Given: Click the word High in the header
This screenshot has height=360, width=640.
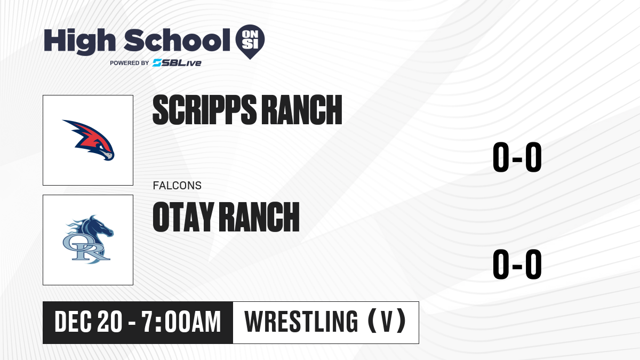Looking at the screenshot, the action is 79,41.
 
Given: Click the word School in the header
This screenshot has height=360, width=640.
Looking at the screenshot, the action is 177,40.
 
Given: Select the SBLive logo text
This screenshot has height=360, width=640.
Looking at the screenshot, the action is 177,63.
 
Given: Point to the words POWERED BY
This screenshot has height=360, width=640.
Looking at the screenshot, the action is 130,63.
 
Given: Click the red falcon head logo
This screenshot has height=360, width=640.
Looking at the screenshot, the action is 89,140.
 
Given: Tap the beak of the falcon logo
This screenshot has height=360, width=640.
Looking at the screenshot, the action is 108,156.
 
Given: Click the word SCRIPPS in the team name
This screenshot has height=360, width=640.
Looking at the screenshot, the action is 205,110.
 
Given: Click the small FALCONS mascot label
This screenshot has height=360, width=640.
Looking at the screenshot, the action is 177,186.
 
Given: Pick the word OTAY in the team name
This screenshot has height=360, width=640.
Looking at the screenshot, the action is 183,217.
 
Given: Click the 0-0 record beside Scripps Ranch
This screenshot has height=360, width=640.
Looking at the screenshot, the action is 517,157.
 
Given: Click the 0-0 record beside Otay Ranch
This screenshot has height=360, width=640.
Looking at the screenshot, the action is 517,265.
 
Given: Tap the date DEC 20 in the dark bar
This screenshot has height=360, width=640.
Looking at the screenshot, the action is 89,322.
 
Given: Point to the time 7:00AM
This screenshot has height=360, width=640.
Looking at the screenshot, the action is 181,322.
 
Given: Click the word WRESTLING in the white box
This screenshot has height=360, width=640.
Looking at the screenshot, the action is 301,322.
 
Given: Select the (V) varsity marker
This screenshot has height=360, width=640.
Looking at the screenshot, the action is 387,321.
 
